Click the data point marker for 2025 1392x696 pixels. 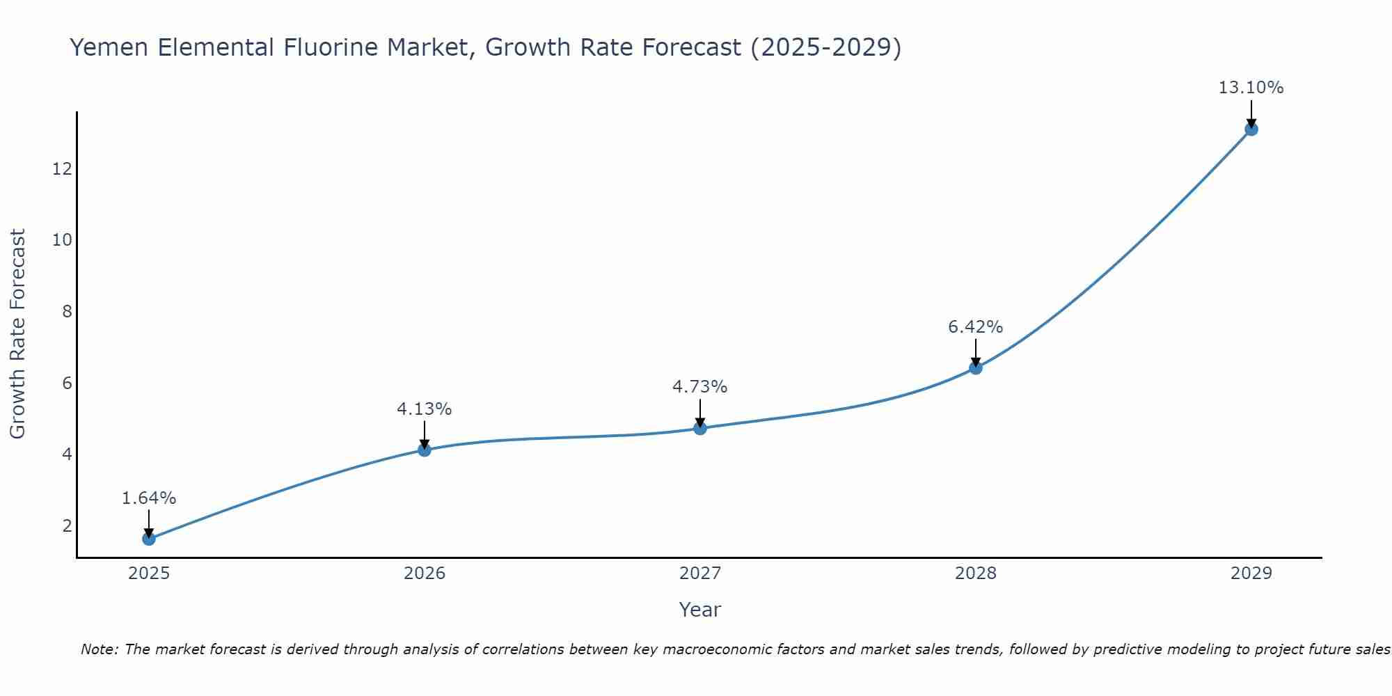(148, 539)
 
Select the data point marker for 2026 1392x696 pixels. (424, 450)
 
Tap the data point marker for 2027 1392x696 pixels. (699, 428)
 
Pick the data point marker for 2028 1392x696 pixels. (975, 367)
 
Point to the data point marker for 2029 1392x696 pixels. (1251, 129)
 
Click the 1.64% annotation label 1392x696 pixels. (148, 498)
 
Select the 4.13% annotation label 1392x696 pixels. (424, 409)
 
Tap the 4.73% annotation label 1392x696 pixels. (699, 387)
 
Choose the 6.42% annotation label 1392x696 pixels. (975, 327)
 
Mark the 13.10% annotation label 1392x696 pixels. (1251, 88)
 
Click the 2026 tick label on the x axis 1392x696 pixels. (425, 574)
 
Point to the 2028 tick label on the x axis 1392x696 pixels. (975, 574)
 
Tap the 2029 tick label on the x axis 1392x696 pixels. (1251, 574)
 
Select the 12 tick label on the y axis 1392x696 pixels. (62, 168)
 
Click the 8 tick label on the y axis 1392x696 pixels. (67, 311)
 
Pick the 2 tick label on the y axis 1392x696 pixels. (67, 525)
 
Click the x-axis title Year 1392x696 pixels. (699, 610)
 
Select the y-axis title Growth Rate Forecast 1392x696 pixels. (17, 334)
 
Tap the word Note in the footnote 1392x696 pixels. (100, 649)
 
